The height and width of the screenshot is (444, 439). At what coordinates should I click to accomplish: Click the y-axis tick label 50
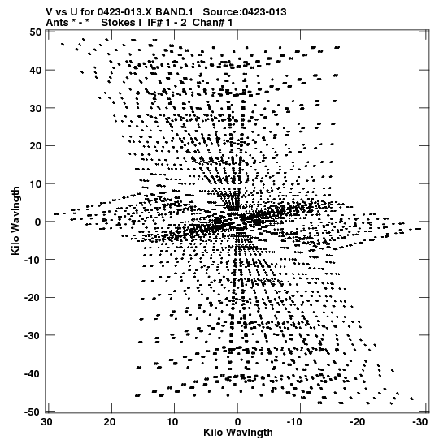coord(36,32)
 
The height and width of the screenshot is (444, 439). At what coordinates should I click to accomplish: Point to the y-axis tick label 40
coord(36,70)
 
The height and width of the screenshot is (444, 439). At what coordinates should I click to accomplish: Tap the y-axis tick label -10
coord(33,260)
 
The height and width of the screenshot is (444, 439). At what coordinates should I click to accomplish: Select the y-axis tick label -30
coord(33,335)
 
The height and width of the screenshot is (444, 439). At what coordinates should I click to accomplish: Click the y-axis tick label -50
coord(33,412)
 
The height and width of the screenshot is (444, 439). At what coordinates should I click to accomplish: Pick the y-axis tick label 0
coord(38,222)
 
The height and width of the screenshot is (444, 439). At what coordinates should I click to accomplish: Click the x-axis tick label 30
coord(47,422)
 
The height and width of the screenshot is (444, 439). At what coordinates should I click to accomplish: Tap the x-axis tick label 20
coord(110,422)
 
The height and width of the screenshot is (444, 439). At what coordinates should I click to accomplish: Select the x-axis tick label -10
coord(294,422)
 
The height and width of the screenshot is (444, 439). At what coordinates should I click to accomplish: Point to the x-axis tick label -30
coord(419,422)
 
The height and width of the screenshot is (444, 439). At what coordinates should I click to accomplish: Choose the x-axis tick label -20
coord(358,422)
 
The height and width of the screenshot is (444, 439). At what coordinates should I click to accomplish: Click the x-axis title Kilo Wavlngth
coord(238,433)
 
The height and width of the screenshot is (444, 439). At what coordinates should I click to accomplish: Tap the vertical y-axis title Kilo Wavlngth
coord(15,221)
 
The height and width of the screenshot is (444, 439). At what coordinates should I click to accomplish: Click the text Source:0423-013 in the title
coord(245,12)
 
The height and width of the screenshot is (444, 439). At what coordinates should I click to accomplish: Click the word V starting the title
coord(49,12)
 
